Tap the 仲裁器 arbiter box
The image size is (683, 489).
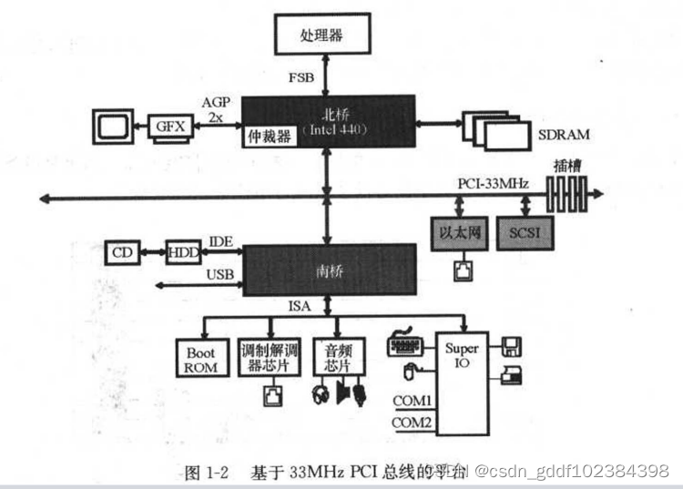coord(269,137)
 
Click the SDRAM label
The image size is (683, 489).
coord(564,135)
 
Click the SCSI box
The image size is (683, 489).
coord(524,234)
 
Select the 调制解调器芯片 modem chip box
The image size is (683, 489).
coord(267,358)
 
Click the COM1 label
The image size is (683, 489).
coord(412,401)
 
